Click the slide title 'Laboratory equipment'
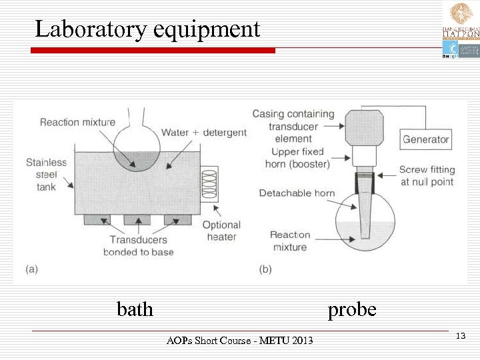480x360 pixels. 147,29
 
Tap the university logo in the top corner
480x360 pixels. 461,30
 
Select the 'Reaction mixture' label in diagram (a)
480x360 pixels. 77,122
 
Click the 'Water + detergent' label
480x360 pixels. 204,133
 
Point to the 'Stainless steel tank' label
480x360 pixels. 46,174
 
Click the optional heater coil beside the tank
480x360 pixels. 209,183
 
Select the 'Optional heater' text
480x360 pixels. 221,231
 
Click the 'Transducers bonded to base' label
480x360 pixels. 138,245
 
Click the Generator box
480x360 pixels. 425,139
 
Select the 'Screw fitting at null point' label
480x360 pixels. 427,176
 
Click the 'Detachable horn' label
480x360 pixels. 297,193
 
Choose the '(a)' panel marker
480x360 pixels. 31,269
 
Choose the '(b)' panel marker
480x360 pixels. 265,269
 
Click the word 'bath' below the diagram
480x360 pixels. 135,310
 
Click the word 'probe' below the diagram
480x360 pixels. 352,310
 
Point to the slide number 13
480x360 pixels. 460,335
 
